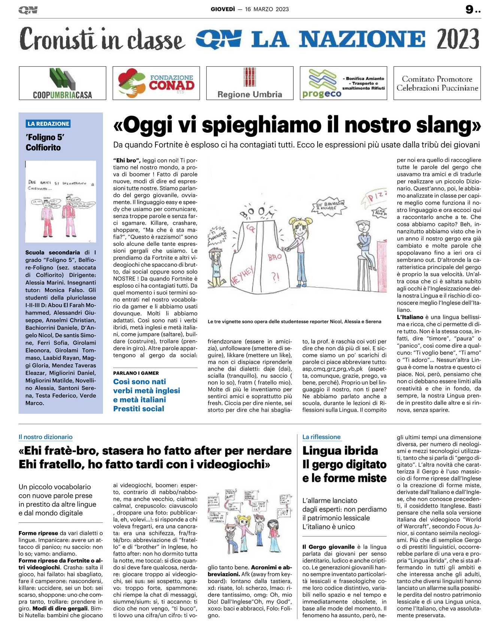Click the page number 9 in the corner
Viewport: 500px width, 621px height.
[x=470, y=9]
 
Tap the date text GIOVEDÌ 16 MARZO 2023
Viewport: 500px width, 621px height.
[x=249, y=9]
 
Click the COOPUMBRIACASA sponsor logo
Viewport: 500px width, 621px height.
[x=63, y=83]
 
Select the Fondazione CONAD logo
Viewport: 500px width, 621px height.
[x=156, y=83]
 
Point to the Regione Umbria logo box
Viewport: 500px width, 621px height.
[x=250, y=83]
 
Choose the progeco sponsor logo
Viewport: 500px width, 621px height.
[x=343, y=83]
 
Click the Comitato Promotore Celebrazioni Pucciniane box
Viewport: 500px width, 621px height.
[x=437, y=83]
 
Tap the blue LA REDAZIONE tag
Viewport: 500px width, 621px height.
[x=49, y=124]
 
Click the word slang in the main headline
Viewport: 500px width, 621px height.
[x=448, y=125]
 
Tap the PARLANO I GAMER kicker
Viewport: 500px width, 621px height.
[x=136, y=373]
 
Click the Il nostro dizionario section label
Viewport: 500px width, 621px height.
[x=46, y=437]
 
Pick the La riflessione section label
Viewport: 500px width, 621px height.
[x=321, y=437]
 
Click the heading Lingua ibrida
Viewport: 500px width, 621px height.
[x=340, y=450]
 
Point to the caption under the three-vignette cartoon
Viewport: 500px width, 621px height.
[x=294, y=322]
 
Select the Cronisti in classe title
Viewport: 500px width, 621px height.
[x=102, y=39]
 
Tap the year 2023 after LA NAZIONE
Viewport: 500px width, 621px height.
[x=458, y=39]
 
